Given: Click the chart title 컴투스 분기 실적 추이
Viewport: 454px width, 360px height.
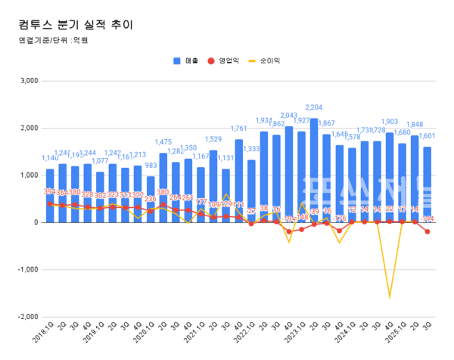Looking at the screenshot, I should (x=75, y=24).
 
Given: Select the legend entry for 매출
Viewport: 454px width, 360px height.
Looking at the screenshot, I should (x=187, y=60).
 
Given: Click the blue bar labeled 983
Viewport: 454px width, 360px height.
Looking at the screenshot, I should (x=151, y=200).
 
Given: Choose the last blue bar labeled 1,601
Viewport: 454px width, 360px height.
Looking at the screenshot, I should (x=427, y=185).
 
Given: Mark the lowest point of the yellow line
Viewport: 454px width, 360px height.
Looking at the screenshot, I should (x=390, y=298).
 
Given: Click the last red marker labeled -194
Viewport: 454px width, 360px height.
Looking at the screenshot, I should (x=427, y=231).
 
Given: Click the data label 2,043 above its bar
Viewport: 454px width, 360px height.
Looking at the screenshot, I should (x=289, y=116).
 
